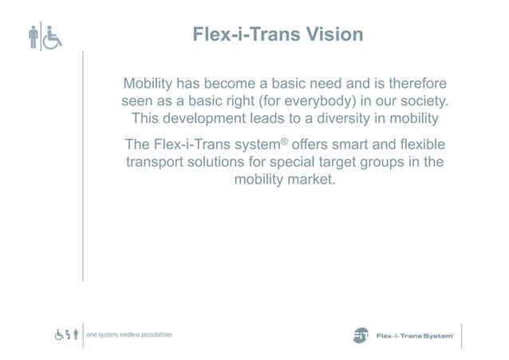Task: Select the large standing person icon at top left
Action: tap(34, 38)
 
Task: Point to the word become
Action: tap(235, 85)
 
